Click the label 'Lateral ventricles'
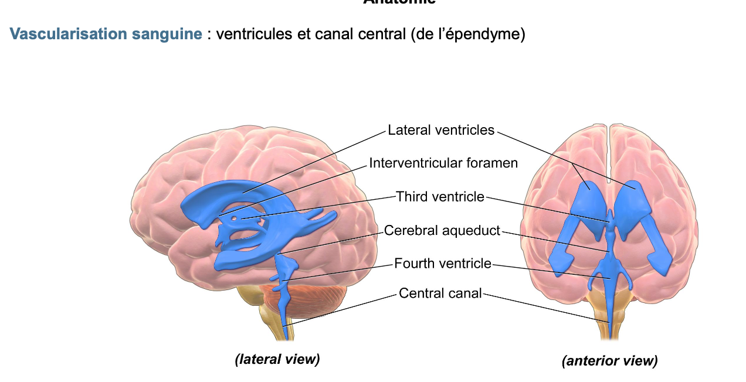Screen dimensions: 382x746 pos(441,130)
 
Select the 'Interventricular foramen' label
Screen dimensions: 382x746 pos(443,163)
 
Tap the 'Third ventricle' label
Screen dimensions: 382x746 pos(440,197)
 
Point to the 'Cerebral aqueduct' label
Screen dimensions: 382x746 pos(442,231)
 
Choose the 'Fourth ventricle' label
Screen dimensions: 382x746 pos(443,264)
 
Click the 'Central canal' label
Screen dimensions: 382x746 pos(440,293)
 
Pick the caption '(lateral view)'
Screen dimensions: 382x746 pos(277,359)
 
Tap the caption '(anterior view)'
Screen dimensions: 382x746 pos(609,361)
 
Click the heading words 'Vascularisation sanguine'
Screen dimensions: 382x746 pos(106,34)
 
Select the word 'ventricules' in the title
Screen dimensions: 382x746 pos(250,34)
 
